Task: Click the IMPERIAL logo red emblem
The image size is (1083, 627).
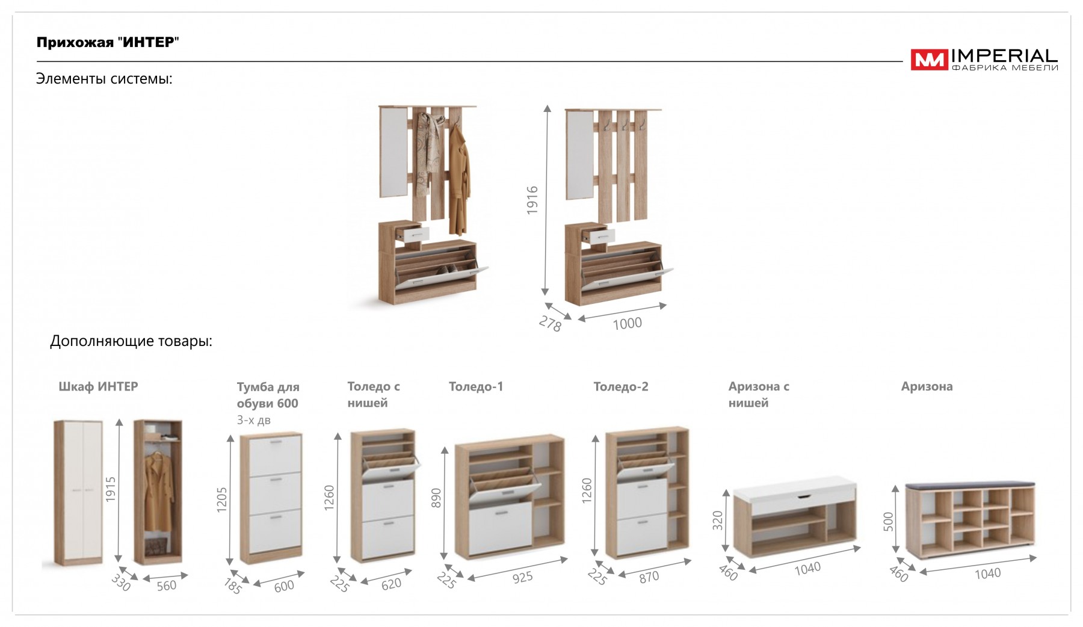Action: (x=929, y=60)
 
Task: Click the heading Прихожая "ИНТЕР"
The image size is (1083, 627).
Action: (x=108, y=42)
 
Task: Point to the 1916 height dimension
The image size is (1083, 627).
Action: (x=532, y=200)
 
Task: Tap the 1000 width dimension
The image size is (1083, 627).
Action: (x=627, y=324)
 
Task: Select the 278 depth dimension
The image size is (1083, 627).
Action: (x=550, y=324)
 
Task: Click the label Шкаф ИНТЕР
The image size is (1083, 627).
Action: (x=98, y=386)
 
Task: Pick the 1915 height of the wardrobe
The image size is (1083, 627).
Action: (x=110, y=489)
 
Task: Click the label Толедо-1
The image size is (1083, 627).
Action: (x=476, y=386)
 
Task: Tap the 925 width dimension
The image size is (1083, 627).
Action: (x=522, y=578)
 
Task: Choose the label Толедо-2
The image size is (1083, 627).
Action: (x=621, y=386)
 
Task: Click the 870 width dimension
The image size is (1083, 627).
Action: (x=649, y=577)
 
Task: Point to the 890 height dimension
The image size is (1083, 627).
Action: (x=436, y=498)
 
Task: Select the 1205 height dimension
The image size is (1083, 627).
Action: (x=222, y=499)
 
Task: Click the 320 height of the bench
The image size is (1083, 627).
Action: (x=717, y=520)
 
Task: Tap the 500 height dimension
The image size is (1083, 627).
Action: (x=888, y=521)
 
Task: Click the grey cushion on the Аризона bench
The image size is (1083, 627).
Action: (x=970, y=484)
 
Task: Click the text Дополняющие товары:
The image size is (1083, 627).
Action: (x=131, y=341)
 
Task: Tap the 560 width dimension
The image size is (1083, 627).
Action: (x=167, y=585)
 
